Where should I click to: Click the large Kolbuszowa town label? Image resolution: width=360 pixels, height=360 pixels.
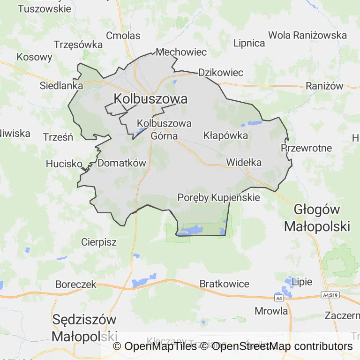click(150, 99)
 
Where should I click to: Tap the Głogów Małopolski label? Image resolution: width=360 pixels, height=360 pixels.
click(317, 218)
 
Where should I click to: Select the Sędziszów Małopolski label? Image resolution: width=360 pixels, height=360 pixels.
click(84, 328)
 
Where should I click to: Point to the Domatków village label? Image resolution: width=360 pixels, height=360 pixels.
click(122, 163)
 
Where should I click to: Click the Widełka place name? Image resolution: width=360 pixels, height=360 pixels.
click(244, 163)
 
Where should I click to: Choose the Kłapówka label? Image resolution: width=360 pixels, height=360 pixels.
click(225, 135)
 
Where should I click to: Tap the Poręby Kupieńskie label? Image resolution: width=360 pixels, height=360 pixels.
click(218, 198)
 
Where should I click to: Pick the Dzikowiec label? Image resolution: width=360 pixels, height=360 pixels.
click(221, 73)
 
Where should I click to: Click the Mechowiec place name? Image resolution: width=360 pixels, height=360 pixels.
click(181, 52)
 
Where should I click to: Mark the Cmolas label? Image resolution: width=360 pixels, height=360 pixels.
click(123, 36)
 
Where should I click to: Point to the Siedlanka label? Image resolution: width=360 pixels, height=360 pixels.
click(61, 86)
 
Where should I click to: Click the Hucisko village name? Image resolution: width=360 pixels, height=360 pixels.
click(64, 164)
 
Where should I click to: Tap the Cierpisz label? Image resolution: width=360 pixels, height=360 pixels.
click(98, 242)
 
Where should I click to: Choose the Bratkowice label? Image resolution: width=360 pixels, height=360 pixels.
click(225, 284)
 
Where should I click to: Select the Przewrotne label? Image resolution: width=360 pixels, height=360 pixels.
click(306, 148)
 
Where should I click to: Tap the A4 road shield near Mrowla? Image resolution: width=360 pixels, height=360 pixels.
click(279, 298)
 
